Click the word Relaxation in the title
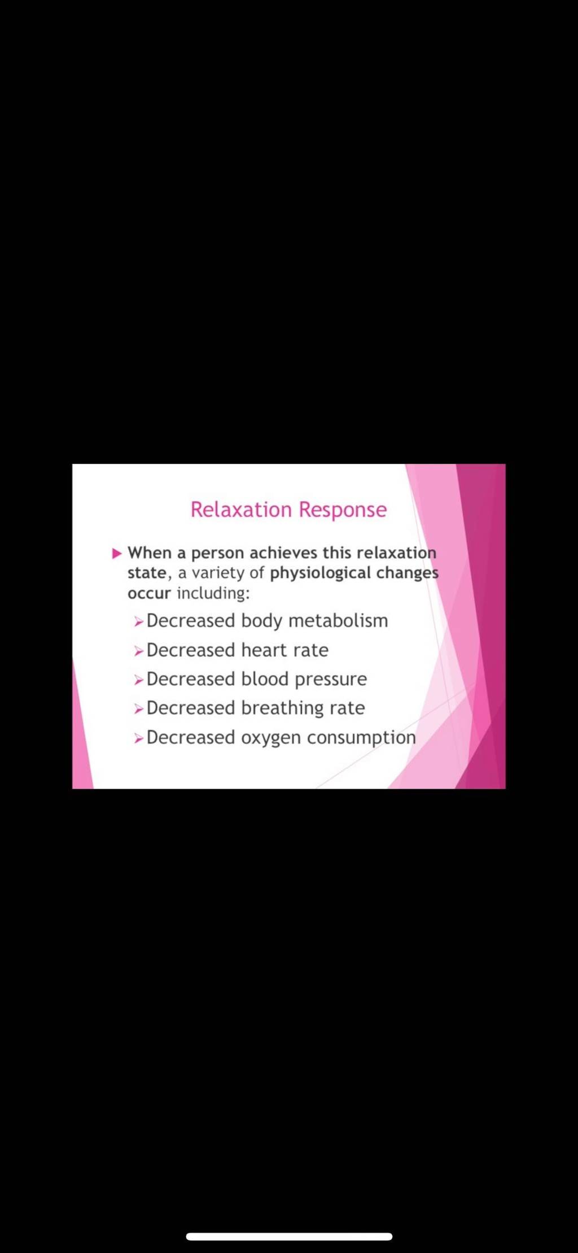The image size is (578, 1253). click(x=241, y=510)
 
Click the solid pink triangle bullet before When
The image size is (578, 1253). click(x=117, y=553)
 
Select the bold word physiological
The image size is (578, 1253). click(x=320, y=573)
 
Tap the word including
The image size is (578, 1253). click(x=213, y=593)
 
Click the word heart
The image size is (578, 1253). click(x=264, y=650)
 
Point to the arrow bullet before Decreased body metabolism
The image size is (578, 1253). click(x=139, y=623)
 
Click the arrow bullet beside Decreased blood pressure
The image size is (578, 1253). click(x=139, y=681)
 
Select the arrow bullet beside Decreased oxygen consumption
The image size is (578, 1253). click(x=139, y=739)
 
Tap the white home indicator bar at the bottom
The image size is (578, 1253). click(x=289, y=1237)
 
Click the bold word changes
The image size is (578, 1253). click(x=407, y=573)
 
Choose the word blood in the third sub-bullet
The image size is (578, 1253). click(x=265, y=679)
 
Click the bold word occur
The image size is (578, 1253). click(x=149, y=594)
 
